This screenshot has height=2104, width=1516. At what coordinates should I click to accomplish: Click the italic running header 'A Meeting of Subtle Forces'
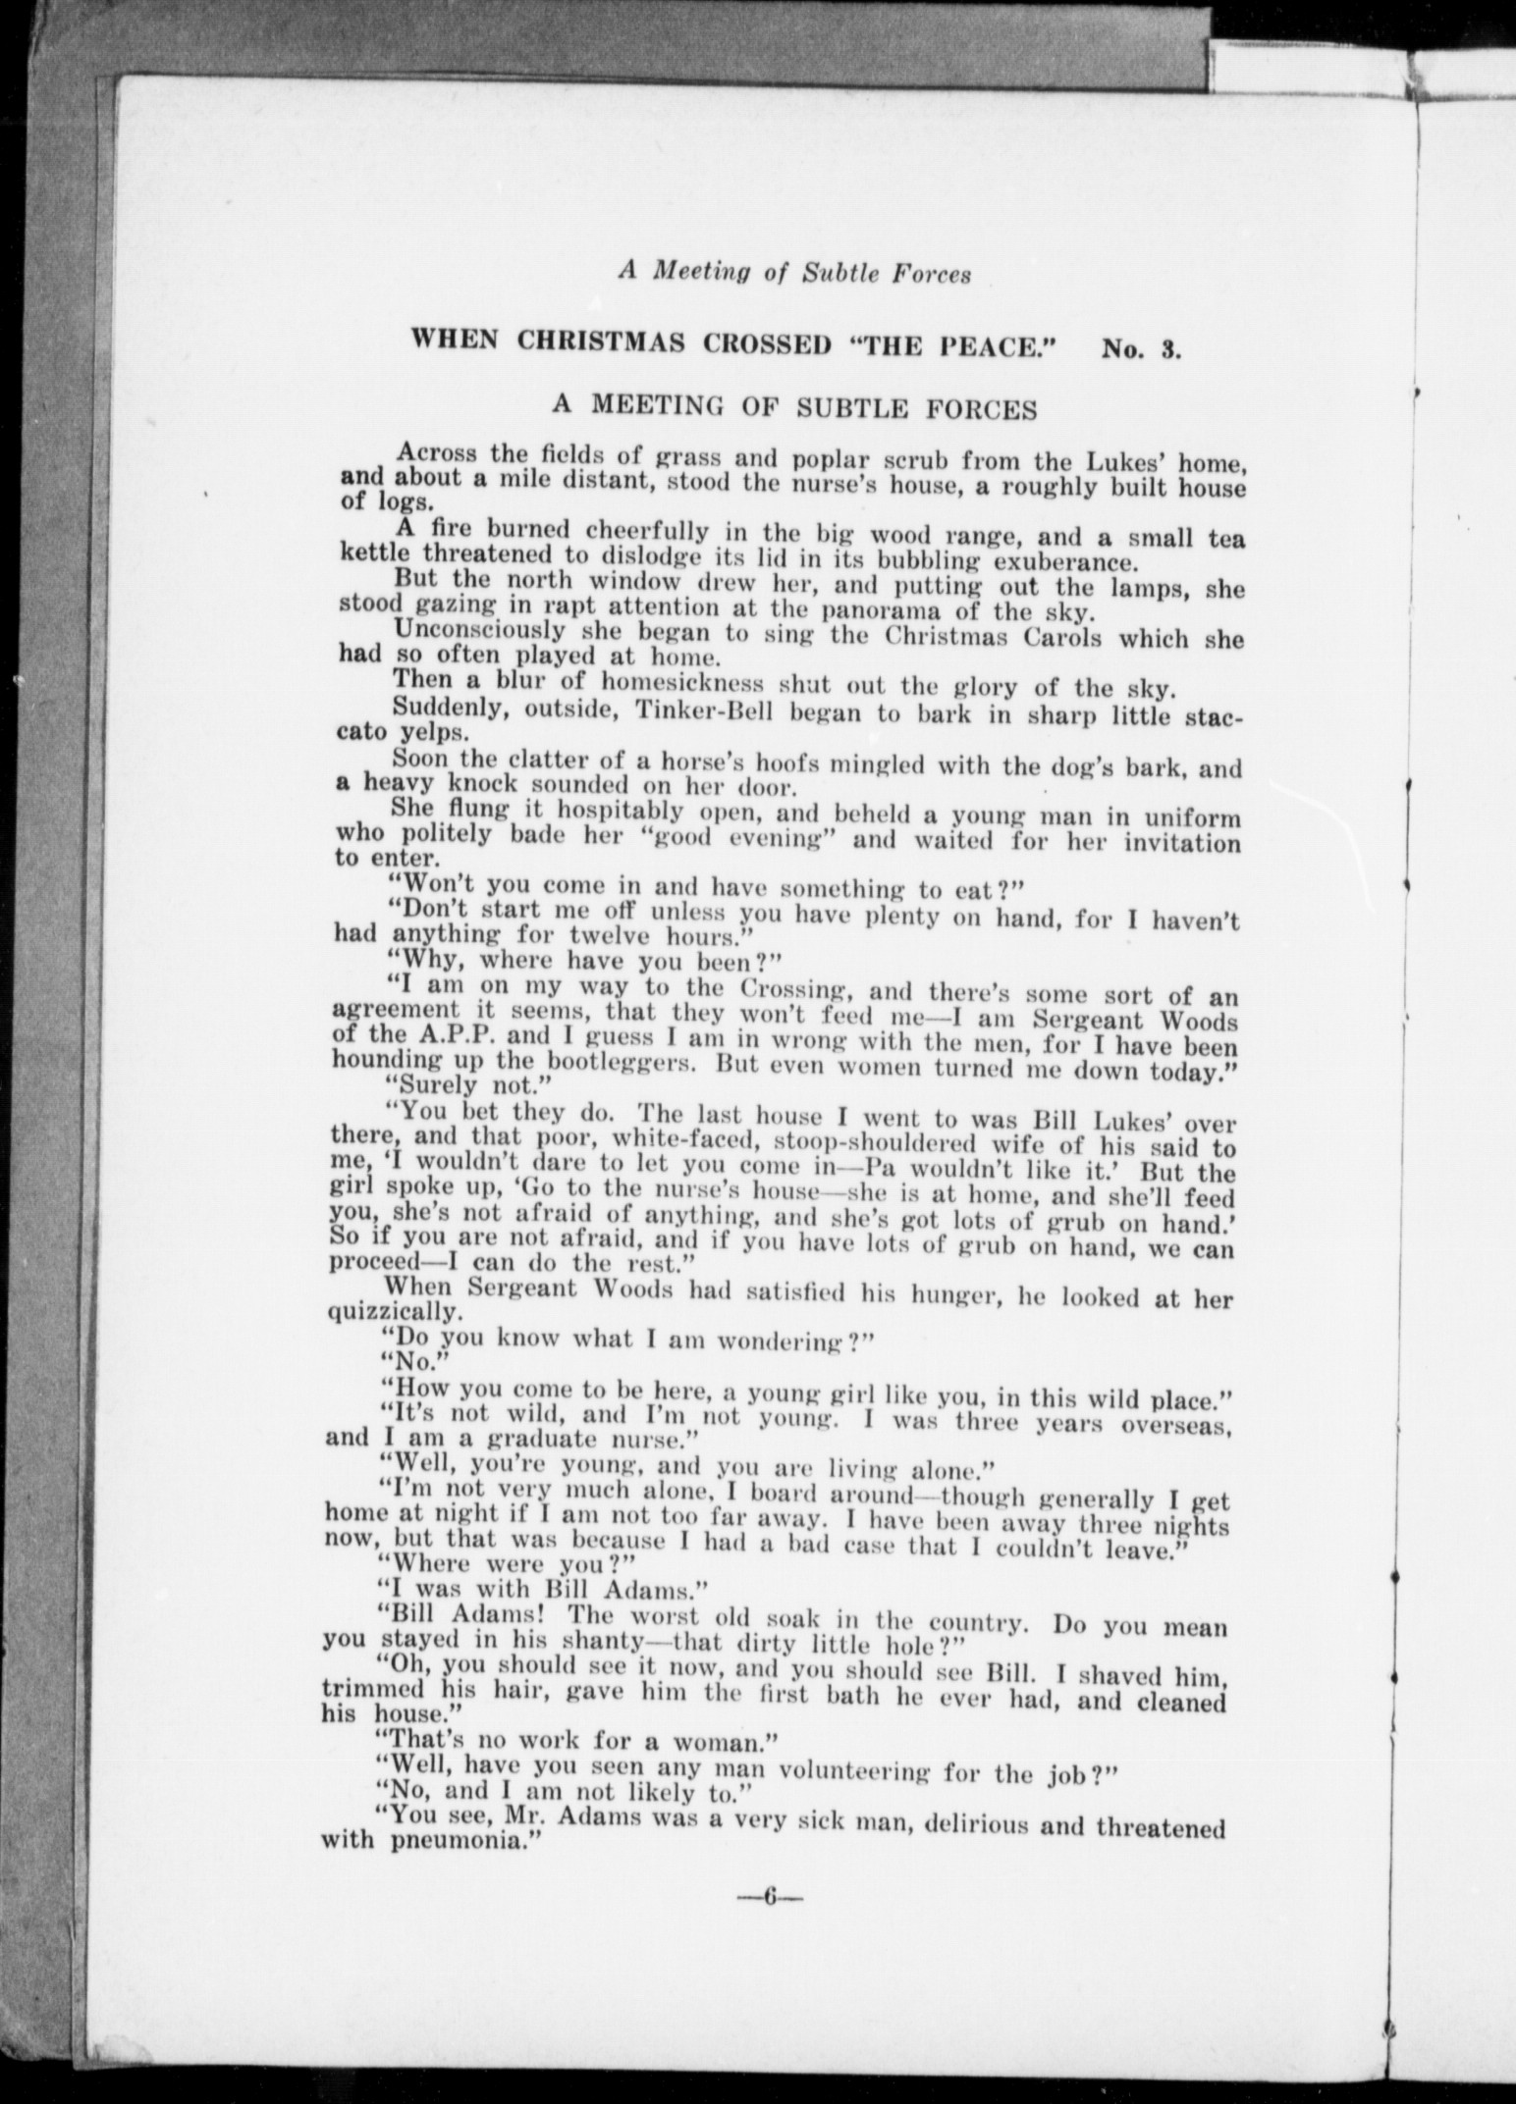click(793, 275)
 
